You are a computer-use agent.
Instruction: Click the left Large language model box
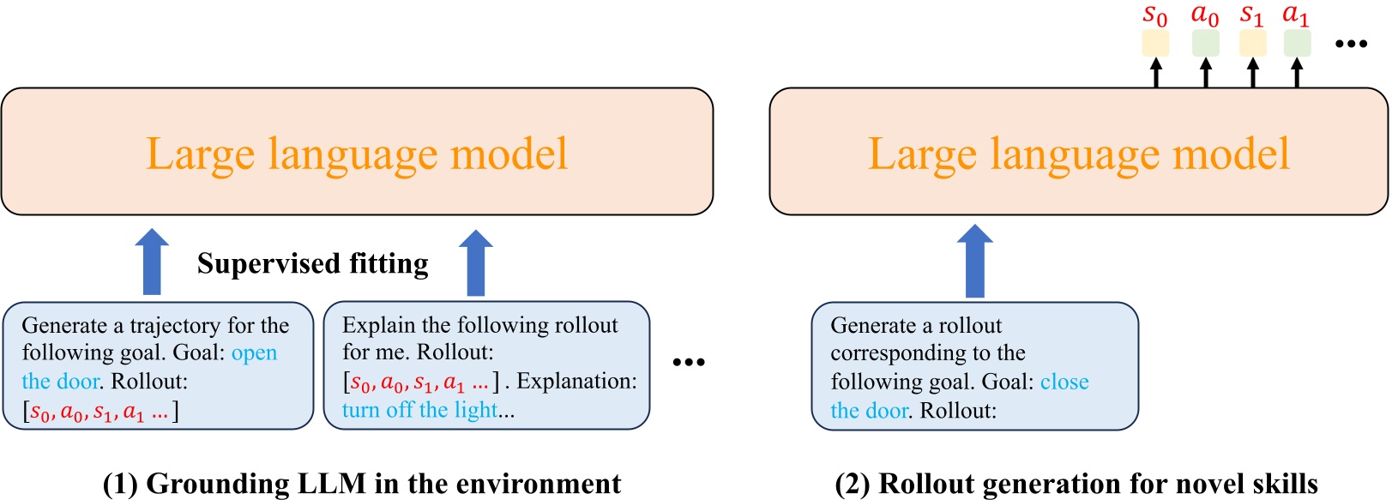pyautogui.click(x=357, y=152)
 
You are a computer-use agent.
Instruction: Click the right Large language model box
pyautogui.click(x=1078, y=152)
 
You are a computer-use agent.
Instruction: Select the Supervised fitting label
pyautogui.click(x=313, y=263)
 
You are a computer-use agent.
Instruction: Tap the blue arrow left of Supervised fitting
pyautogui.click(x=153, y=262)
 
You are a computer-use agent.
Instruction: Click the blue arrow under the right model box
pyautogui.click(x=974, y=261)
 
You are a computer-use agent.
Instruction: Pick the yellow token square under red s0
pyautogui.click(x=1155, y=43)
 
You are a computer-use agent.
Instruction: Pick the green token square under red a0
pyautogui.click(x=1205, y=43)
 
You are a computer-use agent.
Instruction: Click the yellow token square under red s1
pyautogui.click(x=1252, y=43)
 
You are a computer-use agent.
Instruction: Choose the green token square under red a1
pyautogui.click(x=1297, y=43)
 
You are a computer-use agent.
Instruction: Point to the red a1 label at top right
pyautogui.click(x=1295, y=15)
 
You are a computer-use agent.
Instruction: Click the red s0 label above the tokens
pyautogui.click(x=1155, y=15)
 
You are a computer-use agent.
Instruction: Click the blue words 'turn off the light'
pyautogui.click(x=419, y=410)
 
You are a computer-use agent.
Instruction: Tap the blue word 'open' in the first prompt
pyautogui.click(x=255, y=352)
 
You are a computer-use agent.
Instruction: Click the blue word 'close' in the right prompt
pyautogui.click(x=1064, y=382)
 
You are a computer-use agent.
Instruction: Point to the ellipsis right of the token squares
pyautogui.click(x=1351, y=44)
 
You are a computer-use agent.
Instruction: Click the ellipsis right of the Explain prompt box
pyautogui.click(x=688, y=363)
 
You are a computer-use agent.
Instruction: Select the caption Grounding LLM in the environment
pyautogui.click(x=362, y=484)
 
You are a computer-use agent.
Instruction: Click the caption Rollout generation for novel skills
pyautogui.click(x=1076, y=484)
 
